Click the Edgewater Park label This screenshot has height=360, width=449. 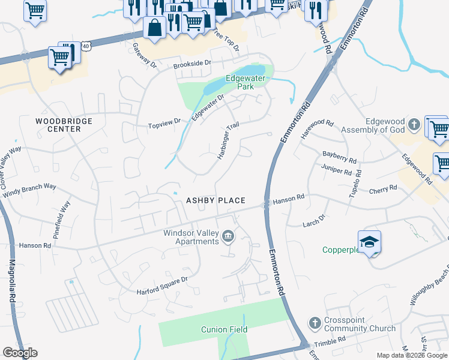(246, 83)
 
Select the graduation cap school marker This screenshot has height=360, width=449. (369, 241)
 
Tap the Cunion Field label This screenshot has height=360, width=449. (224, 329)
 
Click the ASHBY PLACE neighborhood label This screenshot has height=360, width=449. (215, 200)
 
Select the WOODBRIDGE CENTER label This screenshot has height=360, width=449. (64, 125)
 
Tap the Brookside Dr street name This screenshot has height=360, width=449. (193, 63)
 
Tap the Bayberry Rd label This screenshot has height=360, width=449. (339, 157)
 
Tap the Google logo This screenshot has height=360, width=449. (20, 353)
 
